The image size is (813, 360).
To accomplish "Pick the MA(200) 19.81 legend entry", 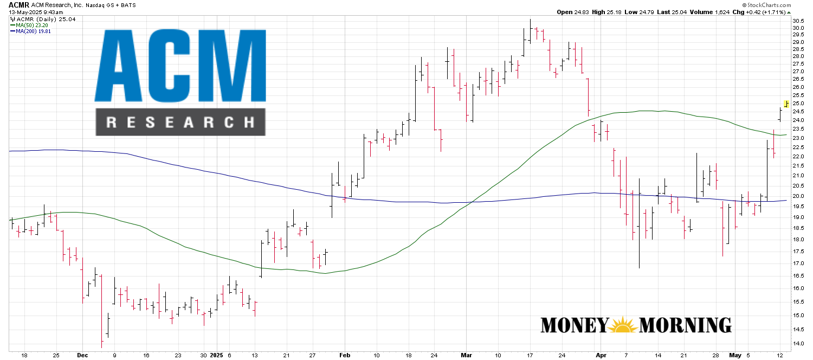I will (30, 31).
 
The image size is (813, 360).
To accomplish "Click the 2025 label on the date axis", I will (216, 355).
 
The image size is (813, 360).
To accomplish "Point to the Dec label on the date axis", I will (82, 355).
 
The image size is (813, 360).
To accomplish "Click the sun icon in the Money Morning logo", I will (624, 325).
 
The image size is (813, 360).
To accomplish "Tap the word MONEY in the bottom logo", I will (574, 325).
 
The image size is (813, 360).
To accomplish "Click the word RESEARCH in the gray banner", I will (180, 122).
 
